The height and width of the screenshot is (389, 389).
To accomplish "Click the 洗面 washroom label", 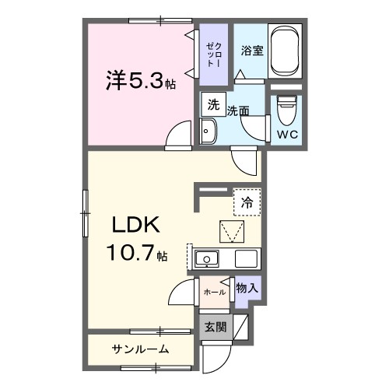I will (x=237, y=111).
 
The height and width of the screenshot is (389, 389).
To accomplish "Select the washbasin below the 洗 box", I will (x=208, y=133).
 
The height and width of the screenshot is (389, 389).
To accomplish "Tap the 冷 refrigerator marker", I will (x=247, y=201).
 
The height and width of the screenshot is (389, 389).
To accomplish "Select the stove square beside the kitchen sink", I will (x=247, y=259).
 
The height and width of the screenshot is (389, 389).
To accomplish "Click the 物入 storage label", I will (x=247, y=288).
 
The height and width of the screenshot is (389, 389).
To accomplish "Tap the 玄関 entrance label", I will (x=216, y=328).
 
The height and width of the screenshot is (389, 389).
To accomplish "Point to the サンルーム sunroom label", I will (x=140, y=349).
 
